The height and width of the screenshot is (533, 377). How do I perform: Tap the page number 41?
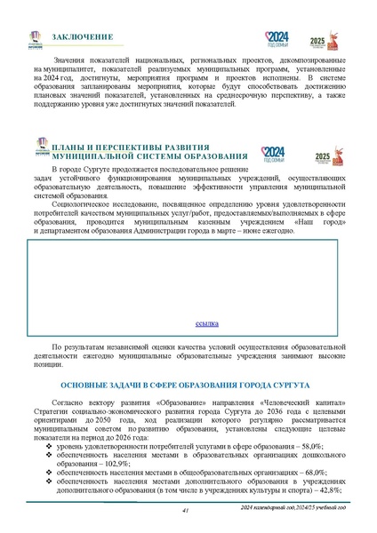(184, 510)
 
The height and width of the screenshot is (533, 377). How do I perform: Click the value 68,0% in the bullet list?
(317, 473)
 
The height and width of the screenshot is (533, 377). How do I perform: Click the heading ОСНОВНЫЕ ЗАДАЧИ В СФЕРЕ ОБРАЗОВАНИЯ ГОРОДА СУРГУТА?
(184, 387)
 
